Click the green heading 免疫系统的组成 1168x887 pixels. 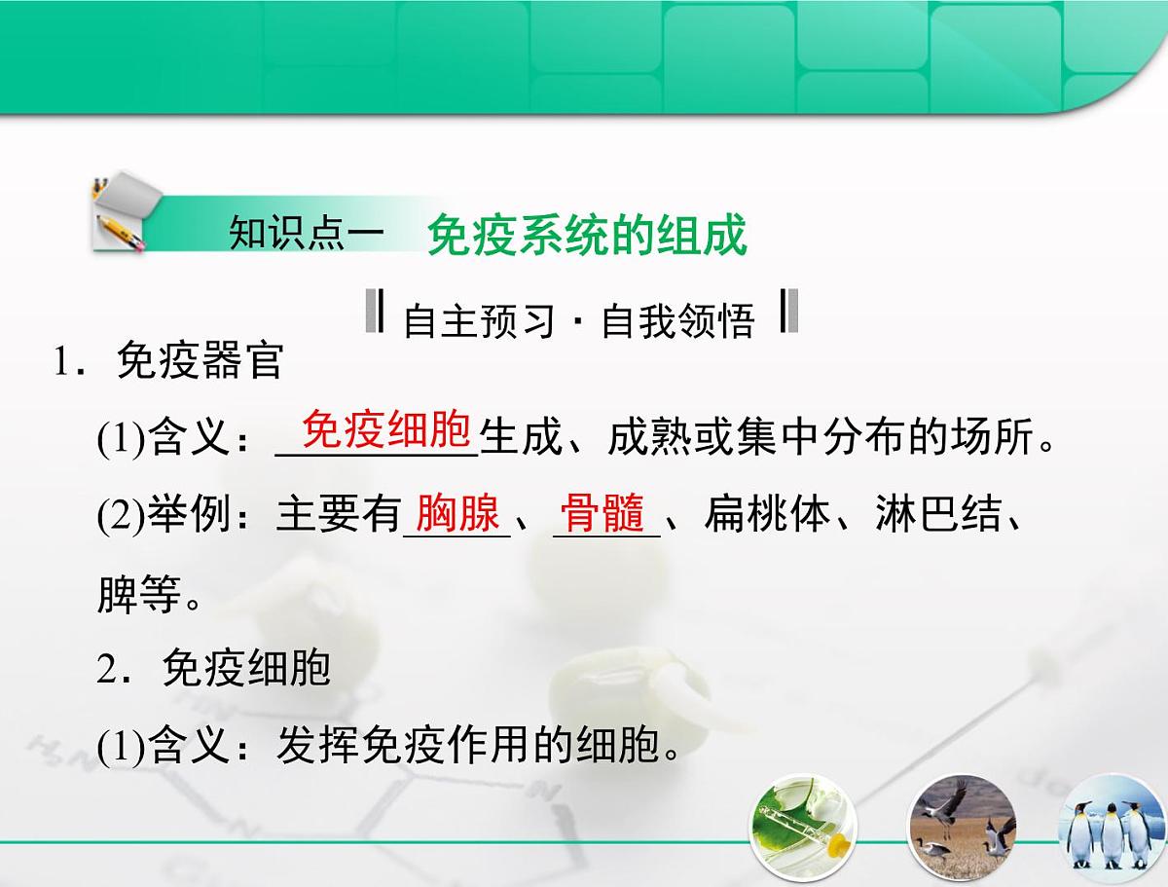[x=587, y=237]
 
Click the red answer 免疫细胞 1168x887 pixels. [x=386, y=429]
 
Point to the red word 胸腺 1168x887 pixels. [x=457, y=513]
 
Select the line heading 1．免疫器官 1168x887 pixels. [x=168, y=361]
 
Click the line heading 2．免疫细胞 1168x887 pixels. [x=214, y=669]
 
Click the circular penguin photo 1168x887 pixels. [x=1110, y=832]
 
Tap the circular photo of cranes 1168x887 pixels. [x=962, y=829]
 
